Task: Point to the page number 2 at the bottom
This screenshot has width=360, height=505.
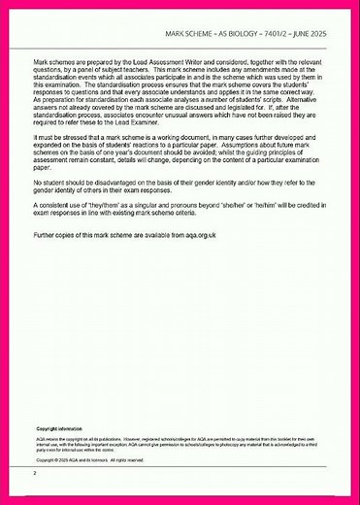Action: pos(34,473)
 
